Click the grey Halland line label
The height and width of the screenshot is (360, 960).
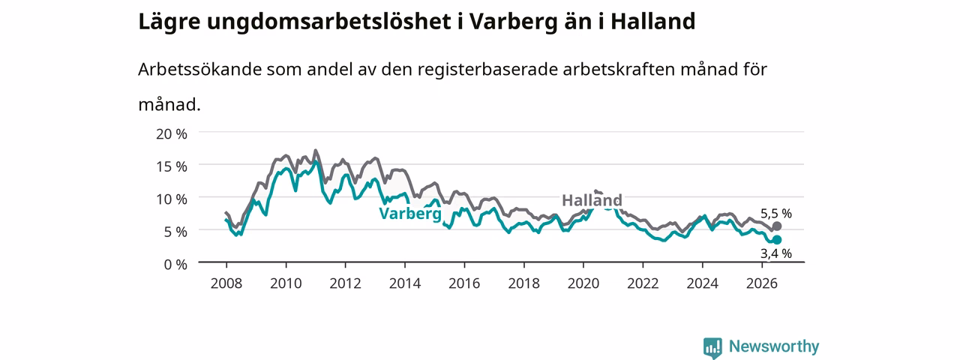pyautogui.click(x=592, y=200)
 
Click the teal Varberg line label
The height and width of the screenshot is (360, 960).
pyautogui.click(x=410, y=214)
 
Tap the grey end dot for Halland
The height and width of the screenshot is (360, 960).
pyautogui.click(x=776, y=226)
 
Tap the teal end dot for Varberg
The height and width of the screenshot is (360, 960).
pyautogui.click(x=776, y=240)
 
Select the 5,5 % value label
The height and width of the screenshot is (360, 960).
pyautogui.click(x=776, y=214)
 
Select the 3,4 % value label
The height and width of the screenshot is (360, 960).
pyautogui.click(x=776, y=253)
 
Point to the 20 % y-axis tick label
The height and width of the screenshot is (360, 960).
pyautogui.click(x=172, y=134)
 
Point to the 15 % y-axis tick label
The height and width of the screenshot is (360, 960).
pyautogui.click(x=172, y=166)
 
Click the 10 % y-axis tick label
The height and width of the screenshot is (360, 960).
pyautogui.click(x=172, y=199)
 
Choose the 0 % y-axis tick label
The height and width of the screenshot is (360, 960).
pyautogui.click(x=175, y=265)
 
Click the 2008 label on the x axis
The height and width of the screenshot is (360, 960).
pyautogui.click(x=226, y=283)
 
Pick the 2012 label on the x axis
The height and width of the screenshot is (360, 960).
pyautogui.click(x=346, y=283)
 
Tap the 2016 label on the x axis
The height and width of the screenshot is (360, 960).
pyautogui.click(x=464, y=283)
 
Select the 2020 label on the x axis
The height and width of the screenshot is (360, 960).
pyautogui.click(x=583, y=283)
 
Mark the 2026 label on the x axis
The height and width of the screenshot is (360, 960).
pyautogui.click(x=762, y=283)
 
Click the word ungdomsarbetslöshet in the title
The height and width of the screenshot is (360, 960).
pyautogui.click(x=328, y=22)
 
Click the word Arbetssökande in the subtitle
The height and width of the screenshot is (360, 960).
pyautogui.click(x=199, y=69)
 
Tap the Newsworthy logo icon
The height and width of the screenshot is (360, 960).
pyautogui.click(x=712, y=347)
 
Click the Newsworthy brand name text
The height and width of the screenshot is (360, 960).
pyautogui.click(x=774, y=346)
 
